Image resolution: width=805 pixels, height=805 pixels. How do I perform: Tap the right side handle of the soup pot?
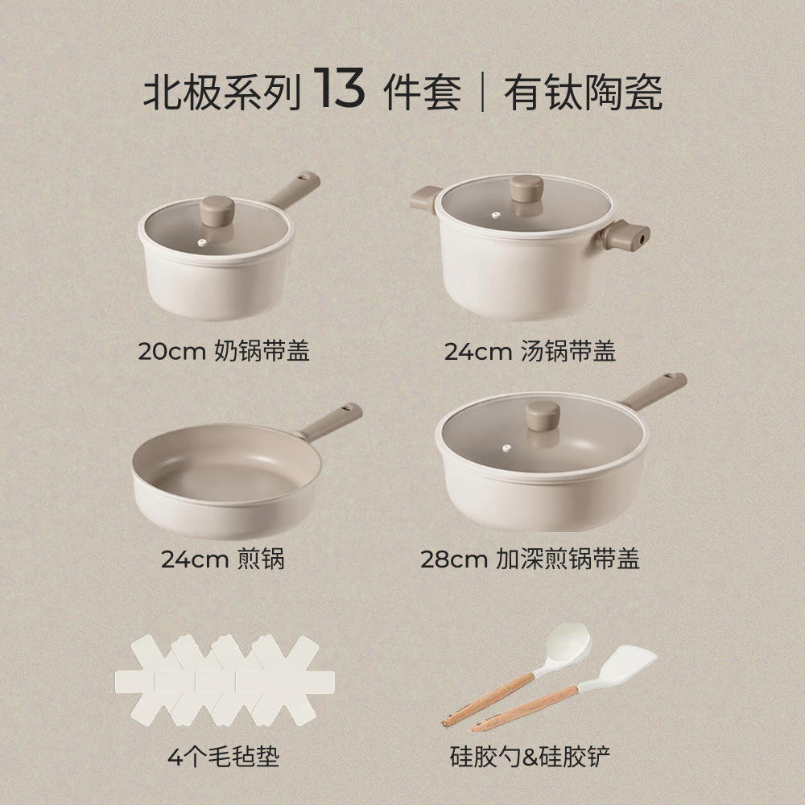coord(630,236)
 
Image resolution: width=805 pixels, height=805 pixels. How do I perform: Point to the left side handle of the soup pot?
coord(424,197)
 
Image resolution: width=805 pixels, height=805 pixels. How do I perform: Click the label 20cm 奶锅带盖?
coord(224,351)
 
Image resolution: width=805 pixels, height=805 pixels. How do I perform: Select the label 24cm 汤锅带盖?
coord(530,351)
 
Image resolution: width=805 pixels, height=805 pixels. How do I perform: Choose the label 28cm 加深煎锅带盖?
coord(530,559)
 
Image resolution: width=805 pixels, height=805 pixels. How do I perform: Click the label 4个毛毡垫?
coord(223,757)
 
